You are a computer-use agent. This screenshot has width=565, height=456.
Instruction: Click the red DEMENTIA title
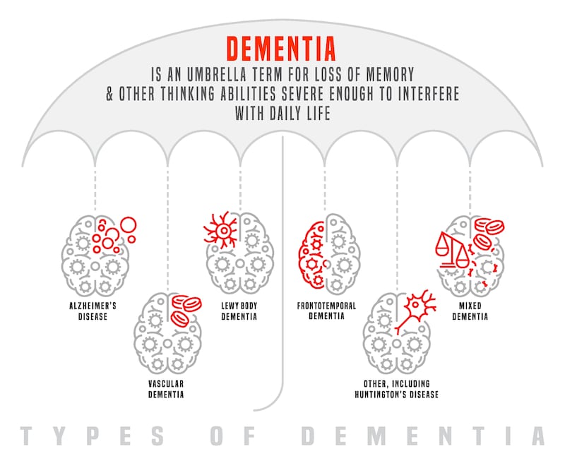281,49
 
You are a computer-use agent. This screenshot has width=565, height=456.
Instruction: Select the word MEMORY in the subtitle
391,75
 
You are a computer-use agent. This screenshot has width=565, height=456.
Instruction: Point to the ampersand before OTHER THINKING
109,93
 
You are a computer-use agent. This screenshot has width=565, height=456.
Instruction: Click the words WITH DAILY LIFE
283,113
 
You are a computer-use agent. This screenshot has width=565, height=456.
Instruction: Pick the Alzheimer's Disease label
93,311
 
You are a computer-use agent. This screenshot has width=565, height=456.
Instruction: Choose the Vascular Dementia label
166,389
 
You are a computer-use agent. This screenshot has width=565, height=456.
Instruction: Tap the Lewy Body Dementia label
239,311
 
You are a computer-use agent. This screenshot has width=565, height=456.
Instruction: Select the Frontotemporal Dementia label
326,311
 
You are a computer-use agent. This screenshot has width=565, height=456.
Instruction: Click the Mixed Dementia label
470,311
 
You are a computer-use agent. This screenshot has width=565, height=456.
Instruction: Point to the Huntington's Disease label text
397,395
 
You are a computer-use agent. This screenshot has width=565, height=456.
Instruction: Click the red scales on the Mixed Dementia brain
453,250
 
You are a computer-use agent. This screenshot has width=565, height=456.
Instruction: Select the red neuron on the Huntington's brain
415,311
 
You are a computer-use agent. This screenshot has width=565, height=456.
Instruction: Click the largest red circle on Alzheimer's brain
129,225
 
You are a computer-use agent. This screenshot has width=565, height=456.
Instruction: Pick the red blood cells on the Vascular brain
185,310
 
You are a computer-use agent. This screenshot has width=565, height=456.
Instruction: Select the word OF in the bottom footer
233,435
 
